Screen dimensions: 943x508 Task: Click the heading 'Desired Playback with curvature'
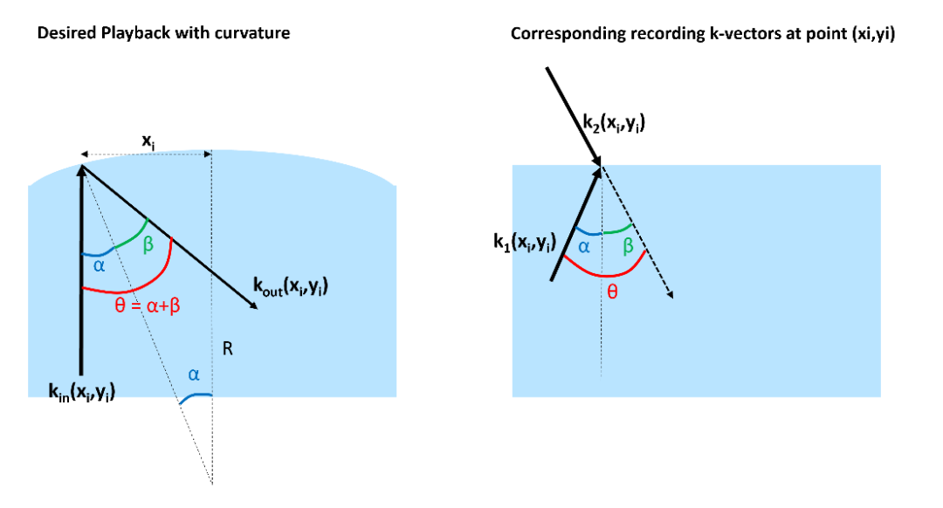163,33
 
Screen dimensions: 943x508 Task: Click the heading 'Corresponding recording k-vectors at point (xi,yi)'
702,34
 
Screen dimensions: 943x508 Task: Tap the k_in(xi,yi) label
82,392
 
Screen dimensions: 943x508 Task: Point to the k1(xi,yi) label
525,242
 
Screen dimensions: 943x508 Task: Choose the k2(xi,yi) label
614,123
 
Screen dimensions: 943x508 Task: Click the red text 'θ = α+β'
148,306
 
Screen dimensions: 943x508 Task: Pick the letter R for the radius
227,348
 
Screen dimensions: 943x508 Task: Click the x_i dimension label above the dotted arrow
148,142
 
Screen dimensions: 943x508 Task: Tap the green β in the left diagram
148,245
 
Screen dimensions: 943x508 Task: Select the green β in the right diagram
628,246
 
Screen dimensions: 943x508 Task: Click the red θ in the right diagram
611,292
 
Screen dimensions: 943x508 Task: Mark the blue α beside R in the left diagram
194,375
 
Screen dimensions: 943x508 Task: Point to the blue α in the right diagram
583,246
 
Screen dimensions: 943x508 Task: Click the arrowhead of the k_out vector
253,305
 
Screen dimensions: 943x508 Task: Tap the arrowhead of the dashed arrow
670,293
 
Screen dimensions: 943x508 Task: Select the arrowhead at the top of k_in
82,171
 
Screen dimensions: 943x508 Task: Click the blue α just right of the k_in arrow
100,265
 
